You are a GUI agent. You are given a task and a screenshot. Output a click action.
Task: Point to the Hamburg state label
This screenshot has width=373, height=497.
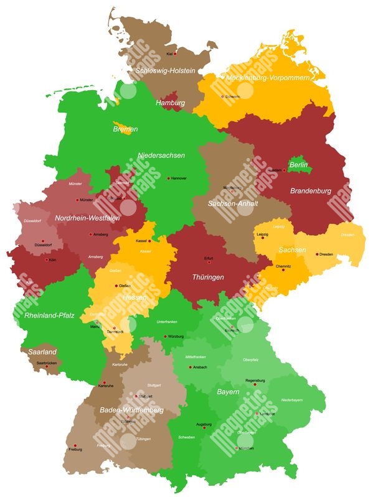(170, 103)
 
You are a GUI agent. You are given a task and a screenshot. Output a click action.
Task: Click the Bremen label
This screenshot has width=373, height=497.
(125, 129)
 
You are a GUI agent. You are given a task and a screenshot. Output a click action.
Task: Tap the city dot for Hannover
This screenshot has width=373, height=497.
(168, 178)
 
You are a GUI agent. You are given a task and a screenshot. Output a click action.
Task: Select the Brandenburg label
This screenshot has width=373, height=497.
(310, 191)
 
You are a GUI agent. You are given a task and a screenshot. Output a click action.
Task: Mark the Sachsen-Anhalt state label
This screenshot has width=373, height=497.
(233, 203)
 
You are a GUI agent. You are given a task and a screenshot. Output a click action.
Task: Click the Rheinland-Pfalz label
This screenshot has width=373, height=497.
(49, 315)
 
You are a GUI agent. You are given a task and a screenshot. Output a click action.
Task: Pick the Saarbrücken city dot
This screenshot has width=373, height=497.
(47, 366)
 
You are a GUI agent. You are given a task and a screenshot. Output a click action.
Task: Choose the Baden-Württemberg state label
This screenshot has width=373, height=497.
(131, 411)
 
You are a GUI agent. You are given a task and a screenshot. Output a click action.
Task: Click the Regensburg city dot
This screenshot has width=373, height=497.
(255, 384)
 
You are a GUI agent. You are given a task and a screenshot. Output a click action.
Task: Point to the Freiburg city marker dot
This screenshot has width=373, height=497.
(75, 445)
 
